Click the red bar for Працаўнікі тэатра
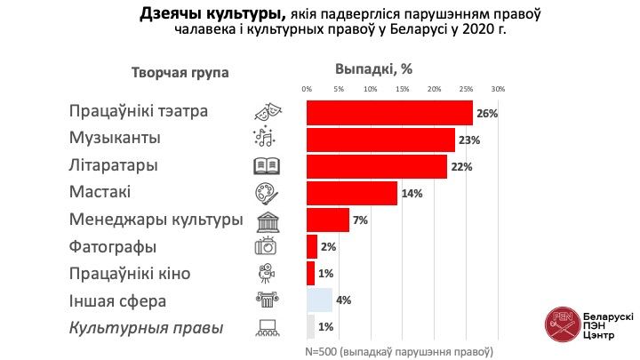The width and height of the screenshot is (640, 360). click(x=389, y=113)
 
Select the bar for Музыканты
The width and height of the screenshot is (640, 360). click(x=380, y=140)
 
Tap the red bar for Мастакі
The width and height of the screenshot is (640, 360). click(x=352, y=193)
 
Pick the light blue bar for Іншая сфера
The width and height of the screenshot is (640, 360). click(x=319, y=300)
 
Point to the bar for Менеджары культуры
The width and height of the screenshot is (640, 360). click(x=328, y=220)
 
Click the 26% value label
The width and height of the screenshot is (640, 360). click(x=486, y=114)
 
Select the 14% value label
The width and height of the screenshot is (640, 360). click(x=411, y=194)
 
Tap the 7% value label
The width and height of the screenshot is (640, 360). click(x=361, y=220)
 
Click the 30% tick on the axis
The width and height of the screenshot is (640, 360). click(x=498, y=89)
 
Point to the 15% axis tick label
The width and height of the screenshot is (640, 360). click(x=402, y=89)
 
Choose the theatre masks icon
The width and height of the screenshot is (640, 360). click(x=267, y=113)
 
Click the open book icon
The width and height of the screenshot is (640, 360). click(x=267, y=166)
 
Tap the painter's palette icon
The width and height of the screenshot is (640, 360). click(x=267, y=193)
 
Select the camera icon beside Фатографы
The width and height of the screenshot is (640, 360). click(x=267, y=246)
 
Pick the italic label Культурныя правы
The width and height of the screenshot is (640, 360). click(x=146, y=327)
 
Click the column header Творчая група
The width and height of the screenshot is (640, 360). click(x=180, y=73)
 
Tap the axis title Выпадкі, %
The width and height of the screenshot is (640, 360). click(x=374, y=68)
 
